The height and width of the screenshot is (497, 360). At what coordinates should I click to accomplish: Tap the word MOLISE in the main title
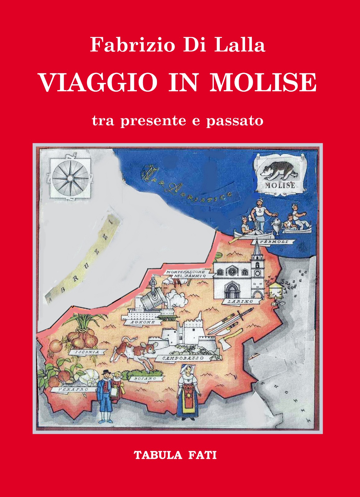[x=263, y=83]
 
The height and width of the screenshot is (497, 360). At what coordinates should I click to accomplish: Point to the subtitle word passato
[x=235, y=120]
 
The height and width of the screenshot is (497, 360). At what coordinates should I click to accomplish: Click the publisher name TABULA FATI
[x=175, y=455]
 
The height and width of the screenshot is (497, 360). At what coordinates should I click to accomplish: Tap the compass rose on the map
[x=70, y=178]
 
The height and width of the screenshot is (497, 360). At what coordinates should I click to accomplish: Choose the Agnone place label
[x=143, y=322]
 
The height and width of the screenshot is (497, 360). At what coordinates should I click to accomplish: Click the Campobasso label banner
[x=183, y=358]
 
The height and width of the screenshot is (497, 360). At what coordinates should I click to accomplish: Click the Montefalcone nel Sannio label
[x=186, y=274]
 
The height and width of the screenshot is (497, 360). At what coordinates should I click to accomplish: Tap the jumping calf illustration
[x=134, y=351]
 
